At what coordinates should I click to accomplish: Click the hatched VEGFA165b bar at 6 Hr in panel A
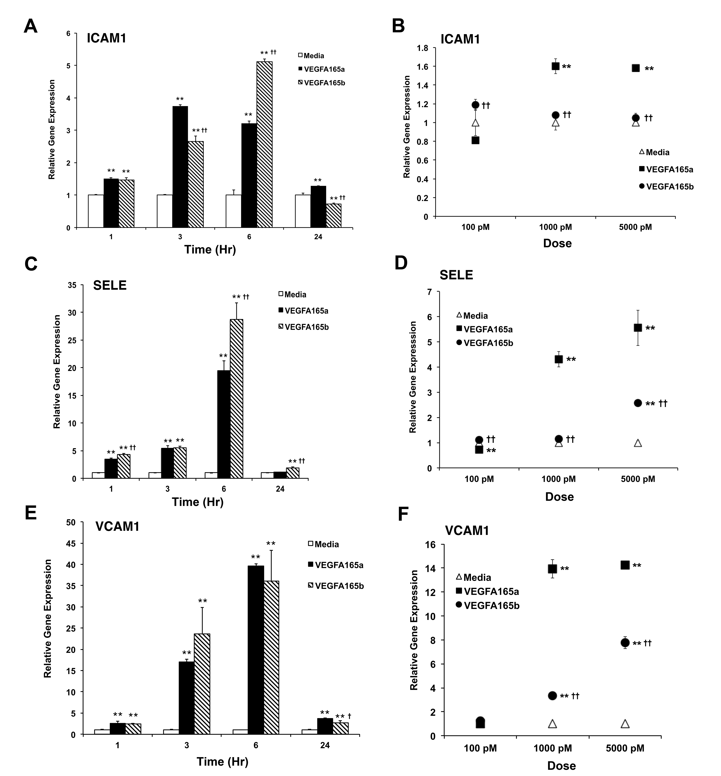(265, 144)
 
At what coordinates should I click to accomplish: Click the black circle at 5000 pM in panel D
(638, 403)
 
